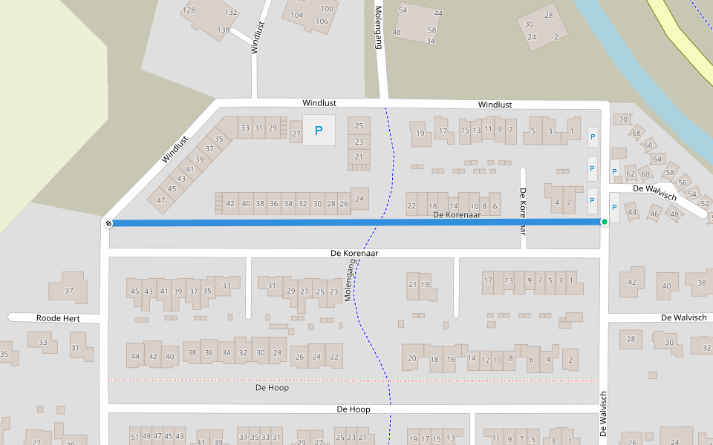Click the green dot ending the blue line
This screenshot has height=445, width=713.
[x=605, y=222]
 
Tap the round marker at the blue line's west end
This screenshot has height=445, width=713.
[x=108, y=222]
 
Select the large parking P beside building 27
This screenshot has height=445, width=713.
[x=319, y=131]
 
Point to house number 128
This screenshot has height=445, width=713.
[x=189, y=10]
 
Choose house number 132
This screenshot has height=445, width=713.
[x=231, y=12]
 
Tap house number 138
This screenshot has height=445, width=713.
[x=223, y=30]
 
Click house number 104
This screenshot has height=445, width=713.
[x=296, y=16]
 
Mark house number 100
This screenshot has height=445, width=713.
[x=327, y=9]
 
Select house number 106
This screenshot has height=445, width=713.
[x=322, y=21]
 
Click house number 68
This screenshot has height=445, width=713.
[x=636, y=133]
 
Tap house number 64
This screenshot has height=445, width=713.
[x=657, y=159]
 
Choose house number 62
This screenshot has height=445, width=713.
[x=631, y=174]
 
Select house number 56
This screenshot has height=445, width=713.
[x=683, y=183]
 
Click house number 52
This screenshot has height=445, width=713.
[x=706, y=202]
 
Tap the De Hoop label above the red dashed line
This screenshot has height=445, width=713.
[x=272, y=388]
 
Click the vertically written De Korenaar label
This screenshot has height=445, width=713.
[x=523, y=211]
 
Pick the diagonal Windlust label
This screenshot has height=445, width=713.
[x=176, y=148]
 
